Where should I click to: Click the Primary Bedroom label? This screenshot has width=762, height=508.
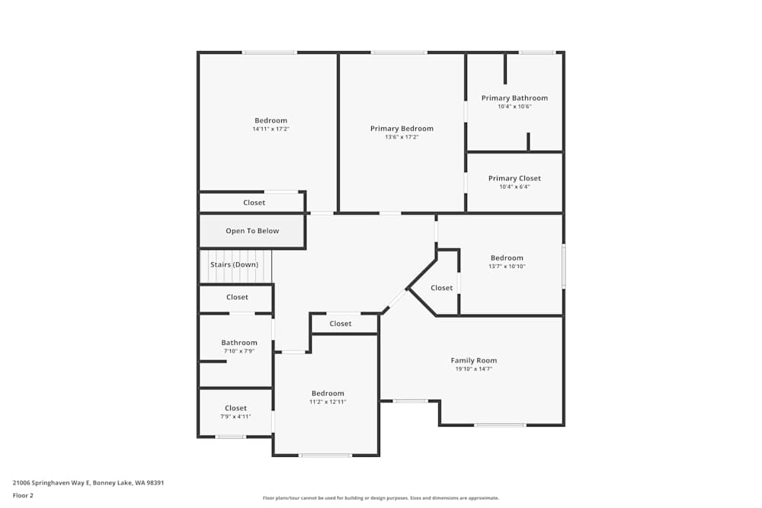[x=402, y=129]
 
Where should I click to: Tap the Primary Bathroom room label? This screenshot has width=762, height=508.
[x=514, y=98]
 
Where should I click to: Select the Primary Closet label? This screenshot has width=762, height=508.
[x=514, y=178]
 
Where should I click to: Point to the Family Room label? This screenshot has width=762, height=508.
[x=473, y=360]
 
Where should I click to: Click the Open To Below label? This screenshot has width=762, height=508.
[x=252, y=231]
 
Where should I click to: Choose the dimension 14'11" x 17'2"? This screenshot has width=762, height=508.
[x=271, y=129]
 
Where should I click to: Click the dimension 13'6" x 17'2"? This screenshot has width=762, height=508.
[x=402, y=137]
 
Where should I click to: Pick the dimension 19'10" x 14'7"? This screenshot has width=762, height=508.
[x=473, y=369]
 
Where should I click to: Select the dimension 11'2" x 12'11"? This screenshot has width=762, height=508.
[x=328, y=401]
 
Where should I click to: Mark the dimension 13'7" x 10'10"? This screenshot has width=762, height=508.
[x=507, y=267]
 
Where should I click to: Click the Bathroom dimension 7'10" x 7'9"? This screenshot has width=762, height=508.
[x=239, y=351]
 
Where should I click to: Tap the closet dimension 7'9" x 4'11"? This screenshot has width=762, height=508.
[x=235, y=417]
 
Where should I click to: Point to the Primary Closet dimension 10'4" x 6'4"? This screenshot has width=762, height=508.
[x=514, y=187]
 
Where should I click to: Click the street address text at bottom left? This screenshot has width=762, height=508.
[x=88, y=482]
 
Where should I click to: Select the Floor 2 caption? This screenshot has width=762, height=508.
[x=23, y=495]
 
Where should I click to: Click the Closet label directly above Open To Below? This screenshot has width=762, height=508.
[x=254, y=203]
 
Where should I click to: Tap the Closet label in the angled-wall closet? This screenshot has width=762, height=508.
[x=441, y=288]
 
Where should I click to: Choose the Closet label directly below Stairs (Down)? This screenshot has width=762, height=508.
[x=237, y=297]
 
